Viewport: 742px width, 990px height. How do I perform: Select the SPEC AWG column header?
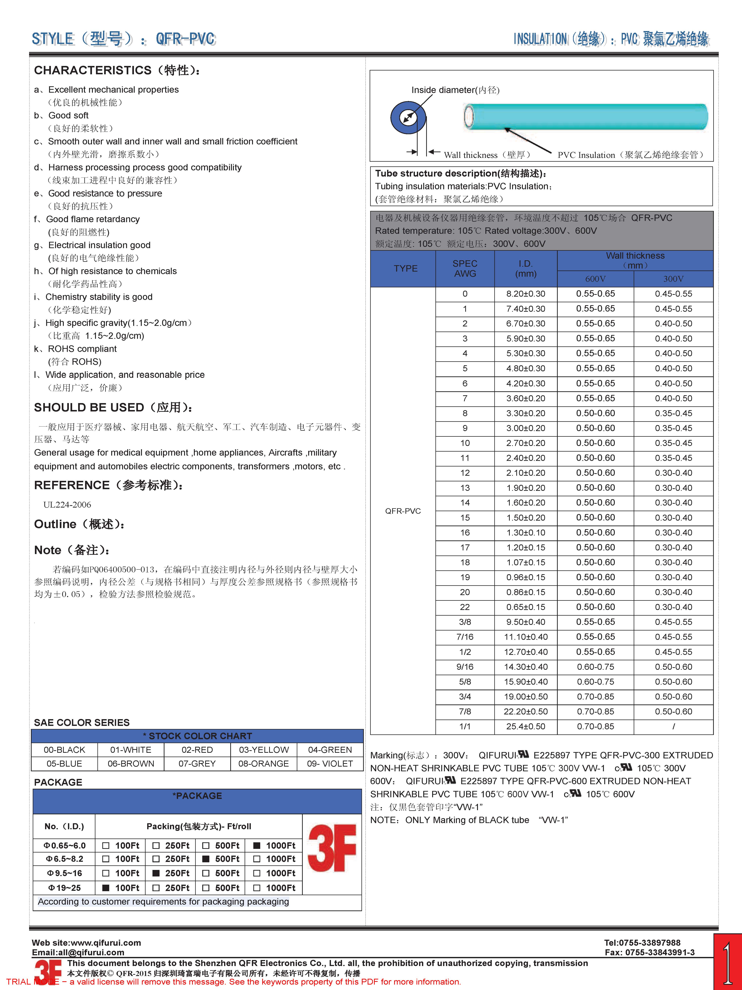click(465, 268)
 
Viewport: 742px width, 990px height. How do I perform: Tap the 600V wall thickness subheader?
click(595, 279)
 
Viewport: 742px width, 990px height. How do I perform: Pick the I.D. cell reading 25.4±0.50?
click(526, 726)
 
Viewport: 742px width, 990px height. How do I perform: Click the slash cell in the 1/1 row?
click(673, 726)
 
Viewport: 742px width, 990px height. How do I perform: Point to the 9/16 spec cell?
click(465, 667)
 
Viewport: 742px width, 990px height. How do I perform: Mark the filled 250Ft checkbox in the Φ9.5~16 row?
click(156, 873)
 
